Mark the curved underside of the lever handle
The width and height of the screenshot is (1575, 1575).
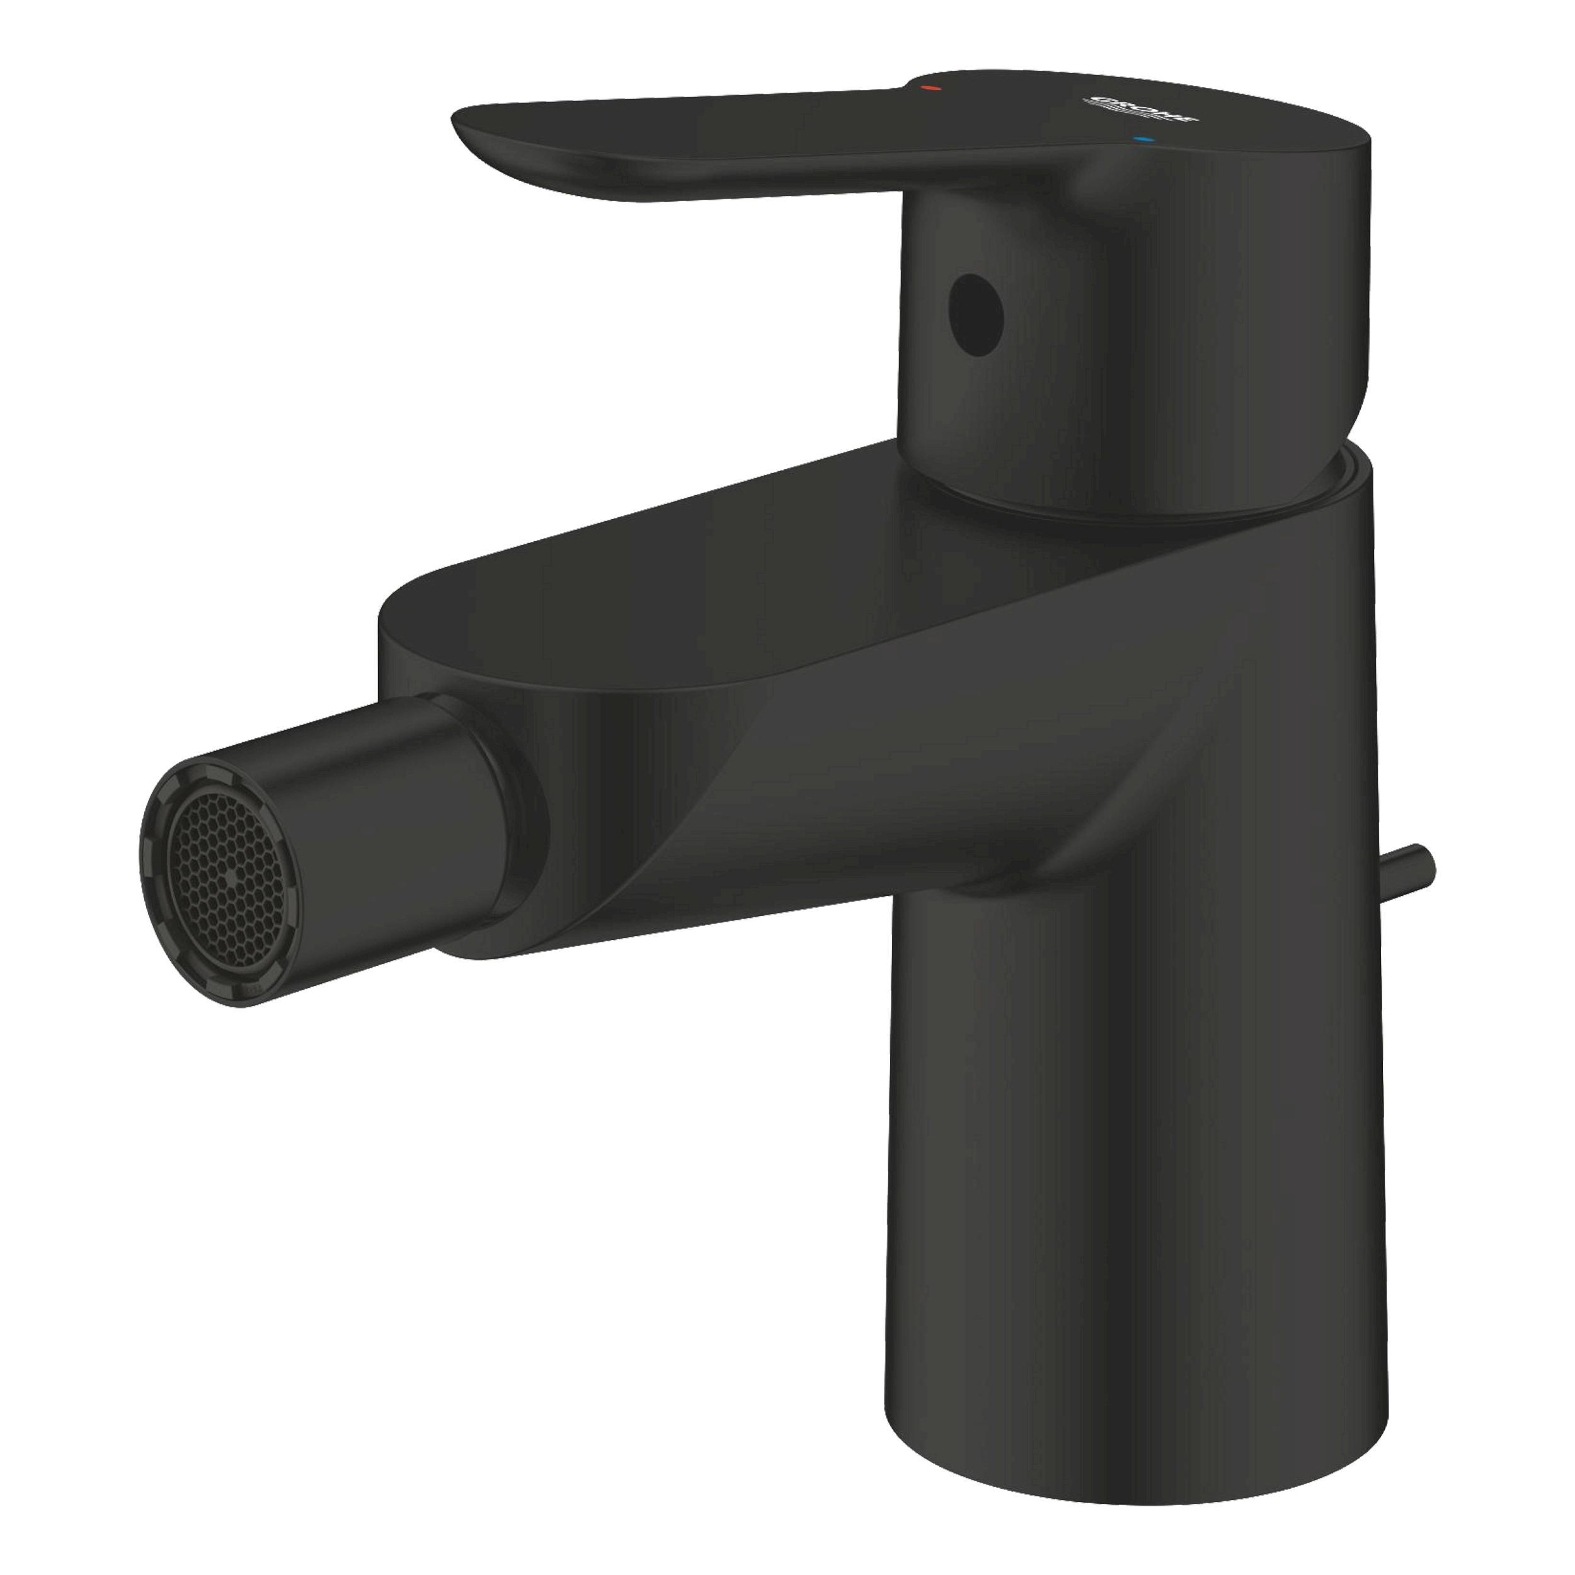(x=652, y=189)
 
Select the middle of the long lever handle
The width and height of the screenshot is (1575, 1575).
(x=734, y=130)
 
